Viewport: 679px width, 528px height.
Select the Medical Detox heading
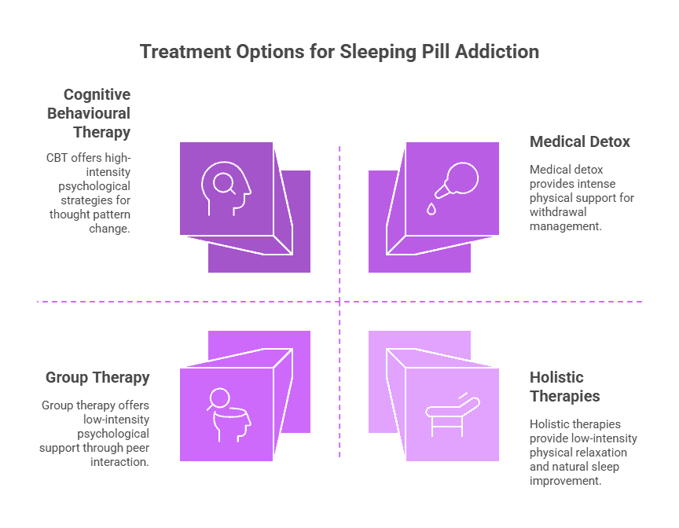(x=580, y=142)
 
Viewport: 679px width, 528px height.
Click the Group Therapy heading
(x=97, y=378)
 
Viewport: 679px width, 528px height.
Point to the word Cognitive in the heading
(x=97, y=94)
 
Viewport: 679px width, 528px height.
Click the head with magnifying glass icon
(x=226, y=189)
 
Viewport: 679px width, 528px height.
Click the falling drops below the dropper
(x=431, y=208)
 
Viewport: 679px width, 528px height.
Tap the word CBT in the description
(x=56, y=157)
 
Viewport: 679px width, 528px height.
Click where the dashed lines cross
(x=339, y=302)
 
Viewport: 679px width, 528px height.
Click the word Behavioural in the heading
(x=88, y=113)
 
